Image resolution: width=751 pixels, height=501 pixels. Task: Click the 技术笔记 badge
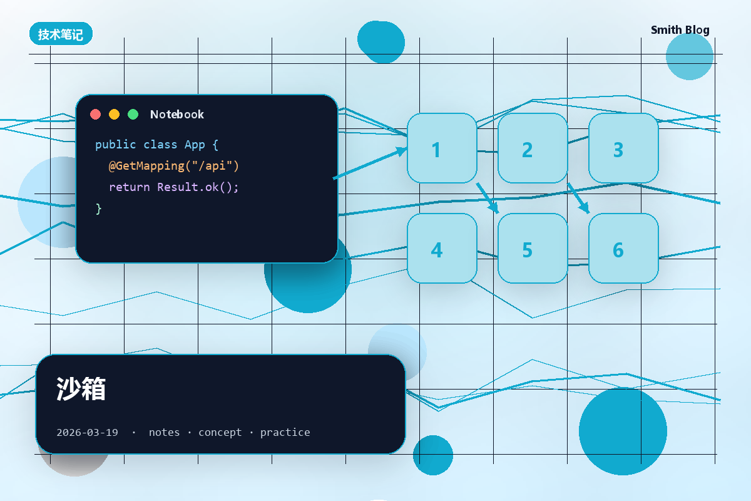(x=61, y=34)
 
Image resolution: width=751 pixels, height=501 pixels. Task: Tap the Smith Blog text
(x=680, y=30)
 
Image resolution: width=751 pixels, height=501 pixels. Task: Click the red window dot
(x=96, y=115)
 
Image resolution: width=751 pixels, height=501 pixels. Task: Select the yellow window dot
(x=115, y=115)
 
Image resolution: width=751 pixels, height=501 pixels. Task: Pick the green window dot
(x=133, y=115)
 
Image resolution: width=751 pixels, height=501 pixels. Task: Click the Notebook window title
(x=177, y=115)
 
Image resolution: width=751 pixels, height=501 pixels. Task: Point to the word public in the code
(x=116, y=145)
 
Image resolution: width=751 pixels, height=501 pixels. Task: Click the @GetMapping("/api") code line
(x=174, y=166)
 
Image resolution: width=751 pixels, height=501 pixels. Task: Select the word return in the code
(x=130, y=187)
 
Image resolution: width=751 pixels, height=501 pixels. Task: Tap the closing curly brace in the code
(x=99, y=209)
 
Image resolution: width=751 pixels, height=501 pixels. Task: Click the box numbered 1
(x=442, y=148)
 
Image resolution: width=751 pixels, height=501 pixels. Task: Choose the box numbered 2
(x=533, y=148)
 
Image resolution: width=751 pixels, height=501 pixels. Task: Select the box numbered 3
(x=623, y=148)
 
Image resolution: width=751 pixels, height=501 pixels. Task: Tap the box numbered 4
(x=442, y=249)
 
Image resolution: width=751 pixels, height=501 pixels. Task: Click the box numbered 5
(x=533, y=249)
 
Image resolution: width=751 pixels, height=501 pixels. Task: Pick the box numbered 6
(x=623, y=249)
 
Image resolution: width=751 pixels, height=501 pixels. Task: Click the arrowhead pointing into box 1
(x=402, y=151)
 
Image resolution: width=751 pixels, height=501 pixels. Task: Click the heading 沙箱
(x=81, y=388)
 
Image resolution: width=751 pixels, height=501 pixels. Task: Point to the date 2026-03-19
(x=87, y=432)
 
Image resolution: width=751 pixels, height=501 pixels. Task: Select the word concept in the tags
(x=220, y=432)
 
